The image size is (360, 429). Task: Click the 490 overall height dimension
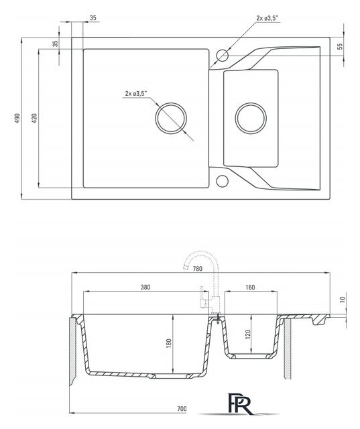coord(17,118)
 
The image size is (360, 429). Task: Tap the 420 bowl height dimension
coord(34,118)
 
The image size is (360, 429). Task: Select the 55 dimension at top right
coord(340,46)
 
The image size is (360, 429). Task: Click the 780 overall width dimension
coord(198,269)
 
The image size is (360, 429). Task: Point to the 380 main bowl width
coord(145,287)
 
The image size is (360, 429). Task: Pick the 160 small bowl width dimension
coord(250,287)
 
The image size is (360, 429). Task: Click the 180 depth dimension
coord(169,343)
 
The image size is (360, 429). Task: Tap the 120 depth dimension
coord(248,334)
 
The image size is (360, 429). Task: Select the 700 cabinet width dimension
coord(182,409)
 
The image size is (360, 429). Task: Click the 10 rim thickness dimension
coord(343,299)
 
